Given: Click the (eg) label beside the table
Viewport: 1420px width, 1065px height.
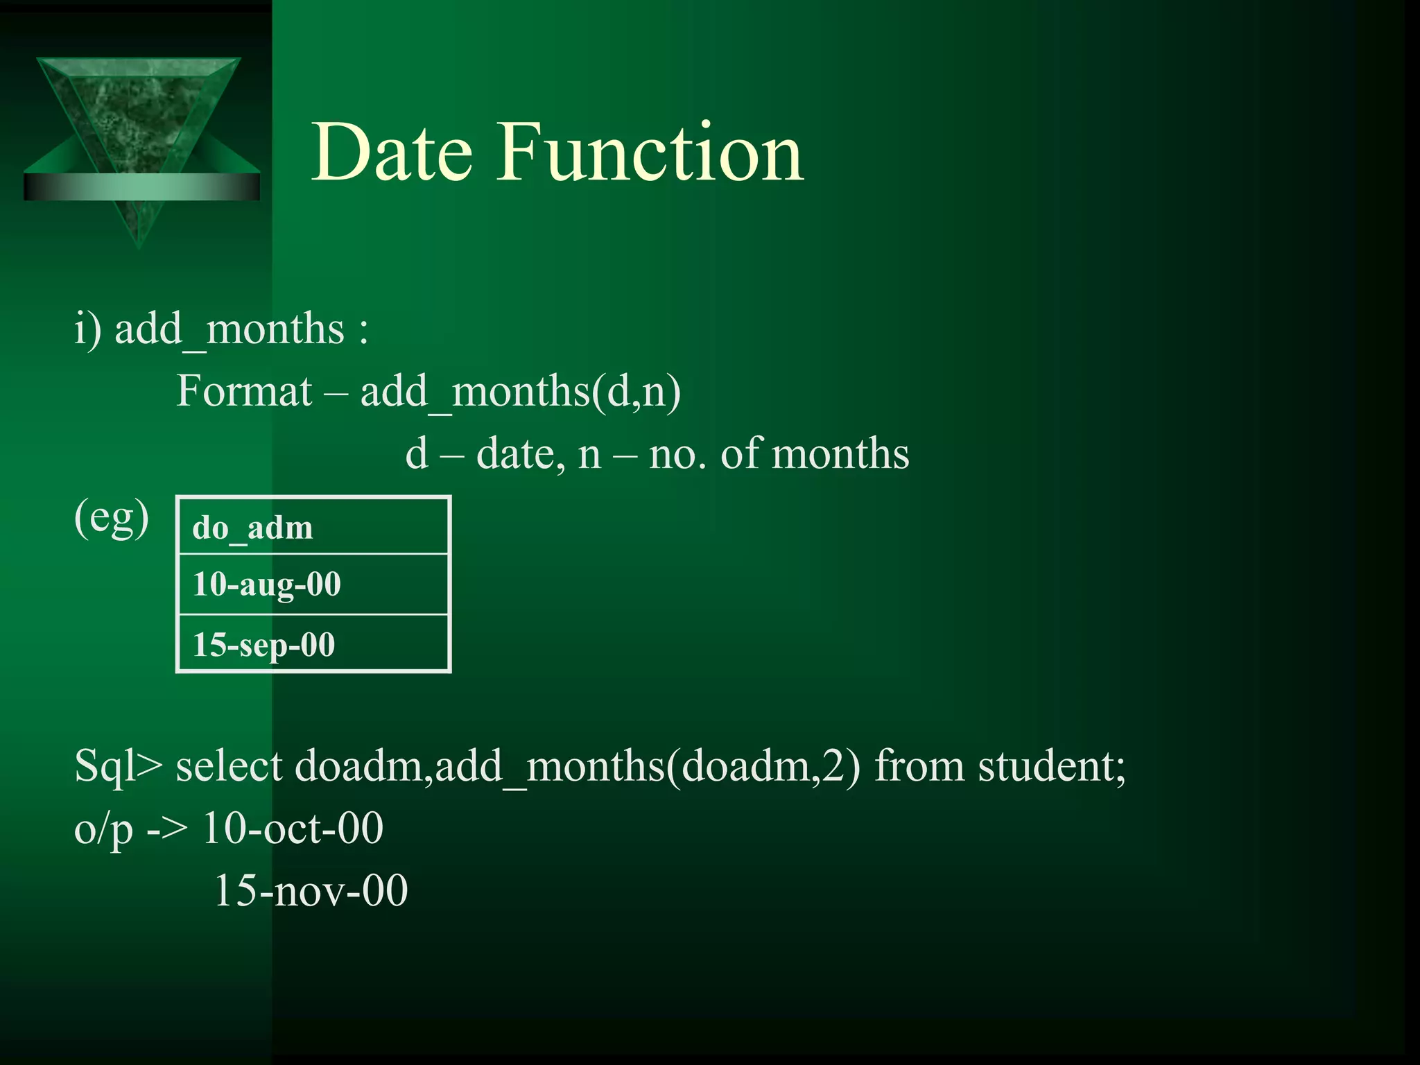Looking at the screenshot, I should [x=111, y=519].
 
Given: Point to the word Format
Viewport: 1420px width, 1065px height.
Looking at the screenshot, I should [x=244, y=391].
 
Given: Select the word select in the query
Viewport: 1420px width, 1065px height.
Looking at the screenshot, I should [x=229, y=767].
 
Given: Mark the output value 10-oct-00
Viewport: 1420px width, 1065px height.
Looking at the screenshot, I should [x=293, y=828].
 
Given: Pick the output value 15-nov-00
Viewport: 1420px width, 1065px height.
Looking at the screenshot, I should [x=311, y=890].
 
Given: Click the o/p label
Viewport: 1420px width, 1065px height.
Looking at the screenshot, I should [x=103, y=829].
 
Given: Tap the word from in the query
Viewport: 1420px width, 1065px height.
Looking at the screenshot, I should [x=919, y=767].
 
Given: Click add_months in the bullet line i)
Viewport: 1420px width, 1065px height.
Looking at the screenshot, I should [x=229, y=329].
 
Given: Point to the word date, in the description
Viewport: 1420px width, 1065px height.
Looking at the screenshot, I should [x=516, y=455].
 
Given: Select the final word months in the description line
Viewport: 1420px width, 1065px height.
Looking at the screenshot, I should [x=840, y=455].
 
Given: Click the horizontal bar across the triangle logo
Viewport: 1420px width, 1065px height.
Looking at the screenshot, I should [x=141, y=187].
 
